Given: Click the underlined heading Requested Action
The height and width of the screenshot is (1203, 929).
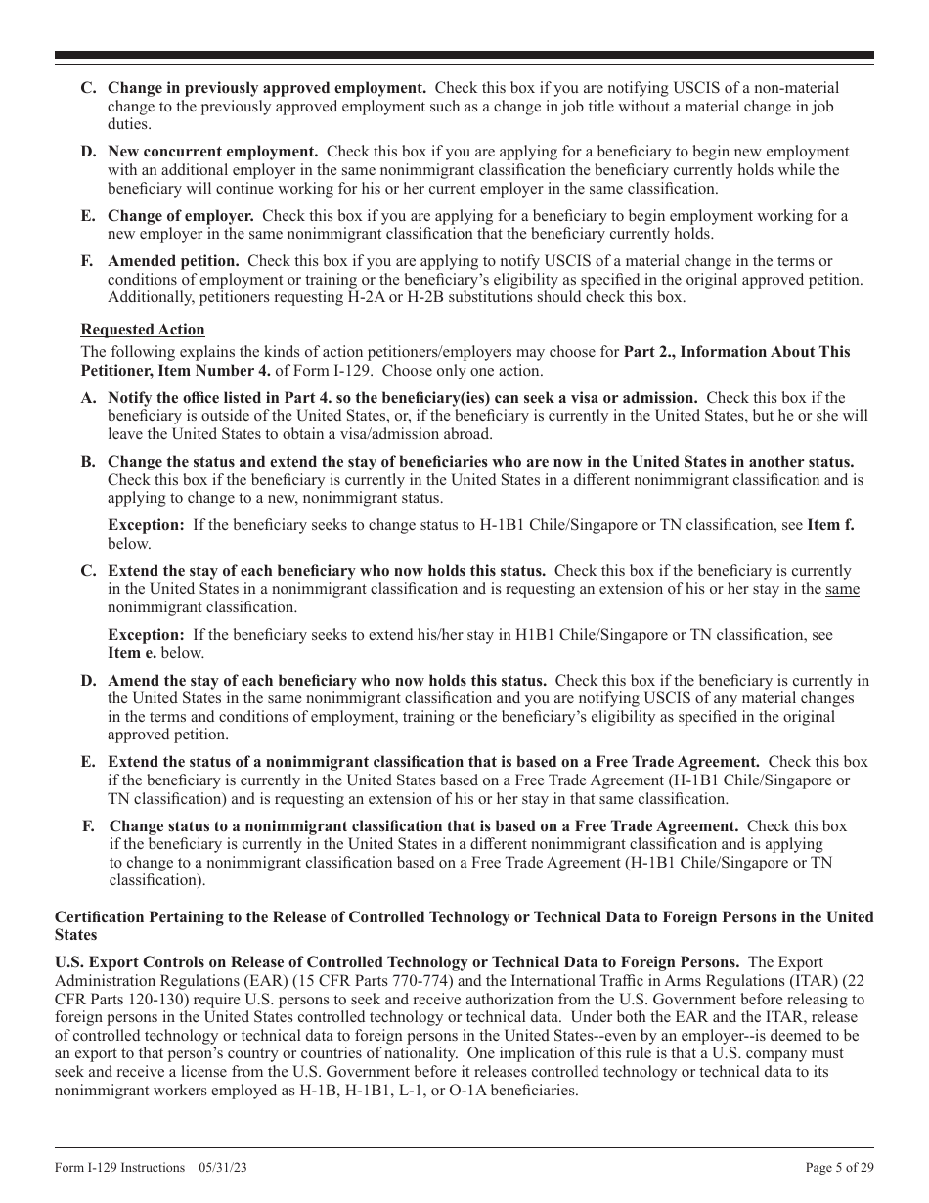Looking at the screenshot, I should point(143,330).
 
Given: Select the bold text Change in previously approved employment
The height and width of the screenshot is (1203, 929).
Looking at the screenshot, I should point(266,88).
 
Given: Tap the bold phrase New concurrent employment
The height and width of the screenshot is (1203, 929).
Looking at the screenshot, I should point(212,152).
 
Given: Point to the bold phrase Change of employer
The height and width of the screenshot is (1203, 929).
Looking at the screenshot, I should point(180,216).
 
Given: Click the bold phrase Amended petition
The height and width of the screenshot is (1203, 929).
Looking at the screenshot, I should point(173,261).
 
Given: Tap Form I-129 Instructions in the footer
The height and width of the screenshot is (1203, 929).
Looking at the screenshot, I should point(119,1167).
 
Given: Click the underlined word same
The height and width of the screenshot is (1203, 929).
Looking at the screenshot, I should point(842,589).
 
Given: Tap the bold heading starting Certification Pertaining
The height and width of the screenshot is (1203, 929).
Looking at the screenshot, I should point(464,917).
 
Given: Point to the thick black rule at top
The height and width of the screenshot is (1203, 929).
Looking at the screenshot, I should point(464,57).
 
